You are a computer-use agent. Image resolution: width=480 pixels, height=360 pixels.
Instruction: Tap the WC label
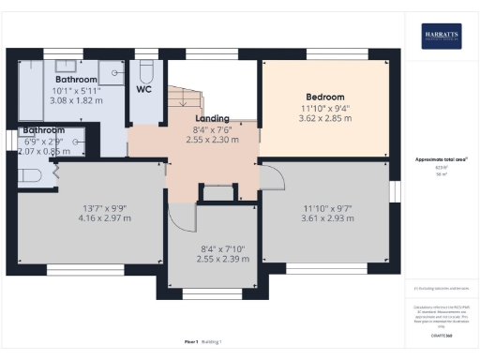144,89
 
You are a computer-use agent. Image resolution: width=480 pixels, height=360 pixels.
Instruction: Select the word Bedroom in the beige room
324,97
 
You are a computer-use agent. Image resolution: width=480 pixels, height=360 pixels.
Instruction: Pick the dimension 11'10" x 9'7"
324,208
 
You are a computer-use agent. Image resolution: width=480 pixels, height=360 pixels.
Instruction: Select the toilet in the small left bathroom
26,174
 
